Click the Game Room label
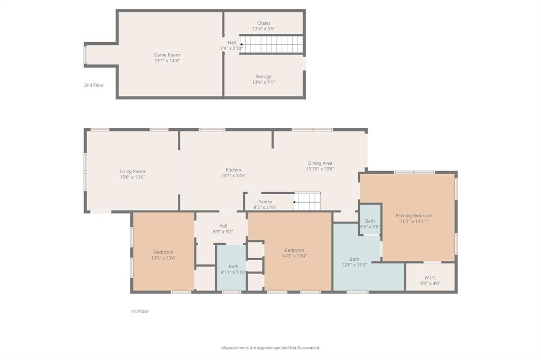point(167,55)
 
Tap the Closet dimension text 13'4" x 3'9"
point(264,29)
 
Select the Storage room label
point(264,77)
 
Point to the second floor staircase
point(272,44)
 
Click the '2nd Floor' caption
point(94,85)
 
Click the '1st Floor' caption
point(140,311)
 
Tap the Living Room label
point(132,172)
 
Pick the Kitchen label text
point(234,170)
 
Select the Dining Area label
point(320,163)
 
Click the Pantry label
point(265,202)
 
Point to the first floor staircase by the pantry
point(307,202)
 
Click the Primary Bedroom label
point(414,215)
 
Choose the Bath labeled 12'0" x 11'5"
point(354,259)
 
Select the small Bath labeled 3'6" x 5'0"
point(370,221)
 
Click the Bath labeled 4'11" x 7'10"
point(234,267)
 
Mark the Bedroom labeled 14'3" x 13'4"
point(294,250)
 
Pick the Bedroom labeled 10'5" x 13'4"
point(164,252)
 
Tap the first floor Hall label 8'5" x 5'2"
point(223,226)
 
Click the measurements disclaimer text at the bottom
point(270,348)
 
